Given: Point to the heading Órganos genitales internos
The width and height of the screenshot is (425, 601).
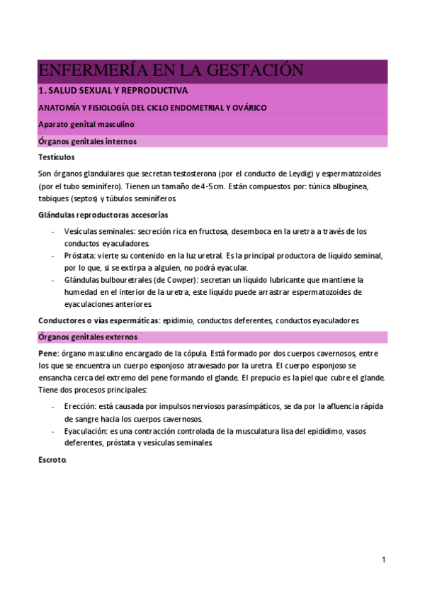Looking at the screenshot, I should (88, 141).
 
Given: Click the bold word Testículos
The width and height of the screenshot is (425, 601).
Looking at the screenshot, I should (57, 157).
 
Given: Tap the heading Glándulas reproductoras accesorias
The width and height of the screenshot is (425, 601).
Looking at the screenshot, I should (103, 215).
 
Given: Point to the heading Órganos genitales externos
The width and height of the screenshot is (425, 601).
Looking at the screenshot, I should (89, 337).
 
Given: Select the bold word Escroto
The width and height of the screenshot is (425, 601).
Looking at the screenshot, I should (52, 460).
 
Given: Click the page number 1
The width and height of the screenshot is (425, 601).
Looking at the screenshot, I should (383, 560).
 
